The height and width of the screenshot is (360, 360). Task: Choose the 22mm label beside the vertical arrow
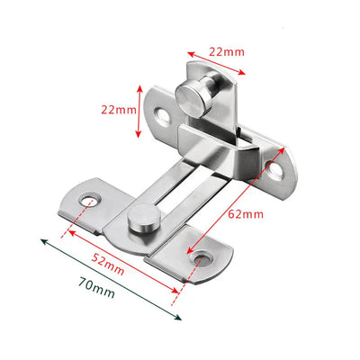(x=117, y=110)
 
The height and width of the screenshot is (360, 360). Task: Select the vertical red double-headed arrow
(x=139, y=111)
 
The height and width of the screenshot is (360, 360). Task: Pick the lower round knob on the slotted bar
(x=142, y=218)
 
